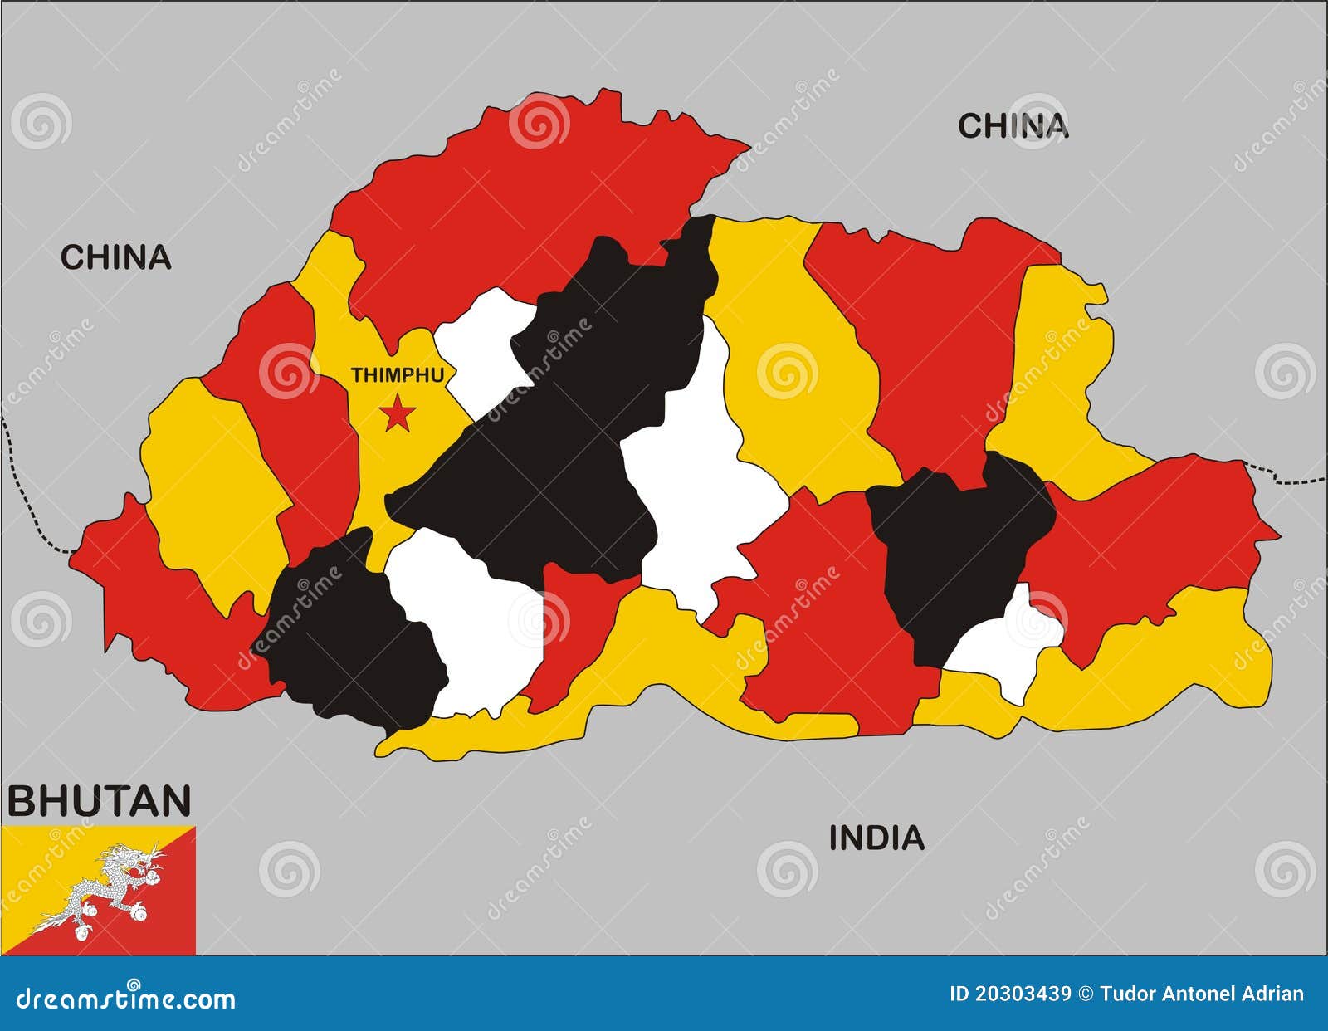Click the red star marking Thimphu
(398, 413)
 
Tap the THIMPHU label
(397, 375)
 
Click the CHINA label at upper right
(1013, 126)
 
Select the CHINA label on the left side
(115, 257)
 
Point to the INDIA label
(876, 838)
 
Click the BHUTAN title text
(100, 801)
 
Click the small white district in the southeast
(1008, 647)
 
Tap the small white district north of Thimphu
(481, 349)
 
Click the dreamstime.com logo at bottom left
(126, 999)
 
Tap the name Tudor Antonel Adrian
(1201, 994)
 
